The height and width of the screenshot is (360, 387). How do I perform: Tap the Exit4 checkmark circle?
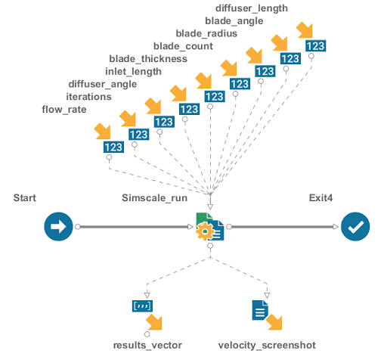tap(354, 226)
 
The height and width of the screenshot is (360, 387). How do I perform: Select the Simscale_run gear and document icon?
tap(209, 227)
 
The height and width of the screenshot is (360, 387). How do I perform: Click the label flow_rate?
tap(63, 110)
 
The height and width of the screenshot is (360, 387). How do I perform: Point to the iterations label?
tap(88, 97)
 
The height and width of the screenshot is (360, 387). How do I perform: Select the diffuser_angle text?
tap(102, 84)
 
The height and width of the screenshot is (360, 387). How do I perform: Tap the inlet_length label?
tap(133, 71)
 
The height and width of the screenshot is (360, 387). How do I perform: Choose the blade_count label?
tap(183, 46)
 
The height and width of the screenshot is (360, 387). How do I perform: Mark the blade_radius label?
tap(206, 33)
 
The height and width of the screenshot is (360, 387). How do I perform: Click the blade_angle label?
tap(228, 20)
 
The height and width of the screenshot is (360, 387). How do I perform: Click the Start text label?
tap(26, 197)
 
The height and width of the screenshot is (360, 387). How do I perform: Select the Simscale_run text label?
tap(155, 197)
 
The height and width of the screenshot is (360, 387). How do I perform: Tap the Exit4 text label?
tap(322, 197)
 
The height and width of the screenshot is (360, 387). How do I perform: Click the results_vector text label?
tap(147, 345)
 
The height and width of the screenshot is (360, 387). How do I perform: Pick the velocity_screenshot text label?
tap(266, 345)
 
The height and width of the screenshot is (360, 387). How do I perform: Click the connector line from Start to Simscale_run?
tap(132, 226)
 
